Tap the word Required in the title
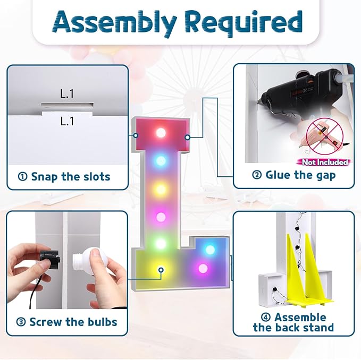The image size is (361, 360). [244, 22]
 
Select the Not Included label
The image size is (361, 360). [325, 162]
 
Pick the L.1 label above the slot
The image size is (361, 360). [67, 94]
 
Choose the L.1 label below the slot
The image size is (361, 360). [67, 121]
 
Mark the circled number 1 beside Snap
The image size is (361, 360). [22, 177]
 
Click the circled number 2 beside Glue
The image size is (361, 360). [257, 175]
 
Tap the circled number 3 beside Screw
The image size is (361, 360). [21, 322]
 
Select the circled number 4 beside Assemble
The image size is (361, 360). [266, 318]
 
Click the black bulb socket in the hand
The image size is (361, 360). [49, 260]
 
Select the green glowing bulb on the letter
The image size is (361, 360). [161, 244]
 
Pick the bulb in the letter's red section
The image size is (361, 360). [161, 132]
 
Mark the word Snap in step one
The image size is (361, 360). [45, 177]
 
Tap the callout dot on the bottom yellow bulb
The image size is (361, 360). [161, 270]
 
